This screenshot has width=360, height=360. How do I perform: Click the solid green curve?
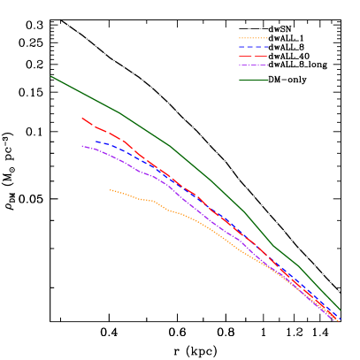point(168,145)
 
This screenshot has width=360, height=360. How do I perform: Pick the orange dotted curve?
point(177,212)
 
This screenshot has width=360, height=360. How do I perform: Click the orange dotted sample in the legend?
point(253,38)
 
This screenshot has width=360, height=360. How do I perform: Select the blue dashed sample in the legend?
point(253,47)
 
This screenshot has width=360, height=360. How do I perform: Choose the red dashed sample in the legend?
point(253,57)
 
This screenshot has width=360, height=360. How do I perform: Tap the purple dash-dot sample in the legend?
point(253,65)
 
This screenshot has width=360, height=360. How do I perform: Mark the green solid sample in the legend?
point(253,80)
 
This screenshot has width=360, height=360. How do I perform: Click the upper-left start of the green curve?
point(51,76)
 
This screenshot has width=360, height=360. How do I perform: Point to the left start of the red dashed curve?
point(82,118)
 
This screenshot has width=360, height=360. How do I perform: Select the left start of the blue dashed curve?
point(96,142)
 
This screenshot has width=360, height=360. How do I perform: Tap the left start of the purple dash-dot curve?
point(82,146)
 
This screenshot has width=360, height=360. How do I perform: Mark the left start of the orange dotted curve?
point(111,189)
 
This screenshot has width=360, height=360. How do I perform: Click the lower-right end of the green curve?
point(340,310)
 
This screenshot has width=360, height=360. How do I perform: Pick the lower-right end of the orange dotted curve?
point(337,321)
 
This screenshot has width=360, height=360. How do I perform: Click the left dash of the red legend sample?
point(245,57)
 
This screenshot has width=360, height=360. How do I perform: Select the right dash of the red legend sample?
point(261,57)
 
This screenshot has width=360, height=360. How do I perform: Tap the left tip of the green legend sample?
point(240,80)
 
